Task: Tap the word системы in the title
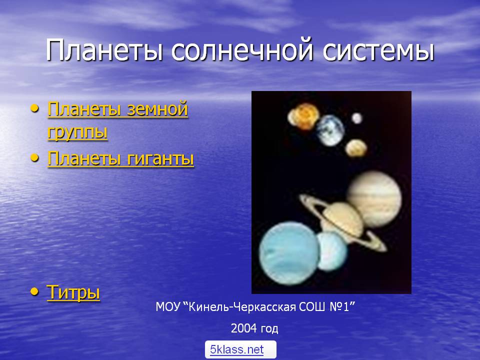pyautogui.click(x=378, y=50)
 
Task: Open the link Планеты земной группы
pyautogui.click(x=117, y=120)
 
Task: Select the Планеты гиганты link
pyautogui.click(x=120, y=158)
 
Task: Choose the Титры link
pyautogui.click(x=73, y=291)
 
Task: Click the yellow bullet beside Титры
pyautogui.click(x=35, y=291)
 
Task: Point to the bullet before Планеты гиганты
pyautogui.click(x=35, y=157)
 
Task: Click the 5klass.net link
pyautogui.click(x=236, y=349)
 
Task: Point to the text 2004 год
pyautogui.click(x=254, y=328)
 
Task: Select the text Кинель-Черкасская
pyautogui.click(x=242, y=306)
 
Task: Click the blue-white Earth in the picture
pyautogui.click(x=330, y=130)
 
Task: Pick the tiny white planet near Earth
pyautogui.click(x=356, y=118)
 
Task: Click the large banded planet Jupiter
pyautogui.click(x=374, y=199)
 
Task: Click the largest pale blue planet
pyautogui.click(x=289, y=253)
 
